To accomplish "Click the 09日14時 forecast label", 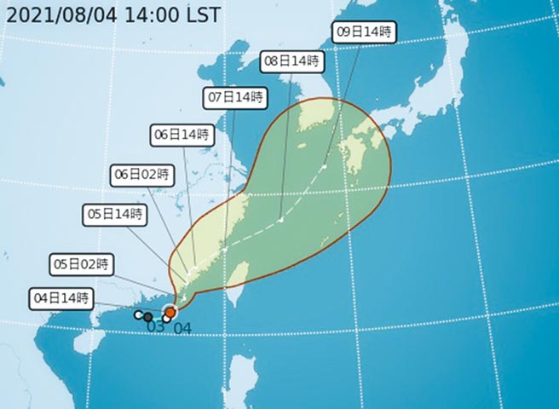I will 364,32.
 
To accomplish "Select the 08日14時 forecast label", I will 291,61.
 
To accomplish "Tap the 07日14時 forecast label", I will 234,96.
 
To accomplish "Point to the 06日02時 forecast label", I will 141,175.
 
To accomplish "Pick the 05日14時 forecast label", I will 115,213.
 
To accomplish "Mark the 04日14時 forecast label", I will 61,298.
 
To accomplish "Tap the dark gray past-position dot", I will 148,317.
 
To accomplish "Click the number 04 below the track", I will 182,327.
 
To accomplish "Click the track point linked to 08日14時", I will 280,220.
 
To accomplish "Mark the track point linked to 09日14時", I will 324,166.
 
